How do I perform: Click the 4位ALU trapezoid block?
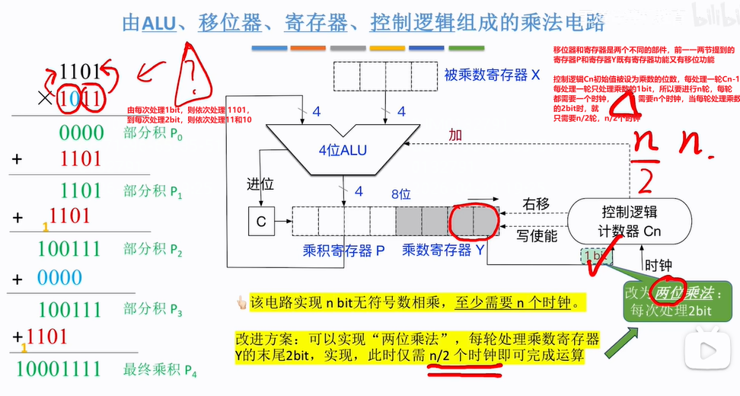pyautogui.click(x=342, y=148)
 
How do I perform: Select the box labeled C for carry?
pyautogui.click(x=260, y=222)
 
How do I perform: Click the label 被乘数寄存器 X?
pyautogui.click(x=493, y=75)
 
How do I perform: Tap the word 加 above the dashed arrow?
pyautogui.click(x=455, y=135)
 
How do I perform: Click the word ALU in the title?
pyautogui.click(x=159, y=24)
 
